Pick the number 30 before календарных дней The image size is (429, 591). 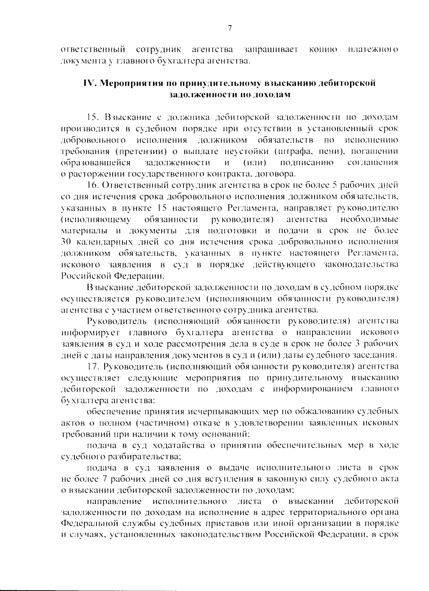click(66, 242)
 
